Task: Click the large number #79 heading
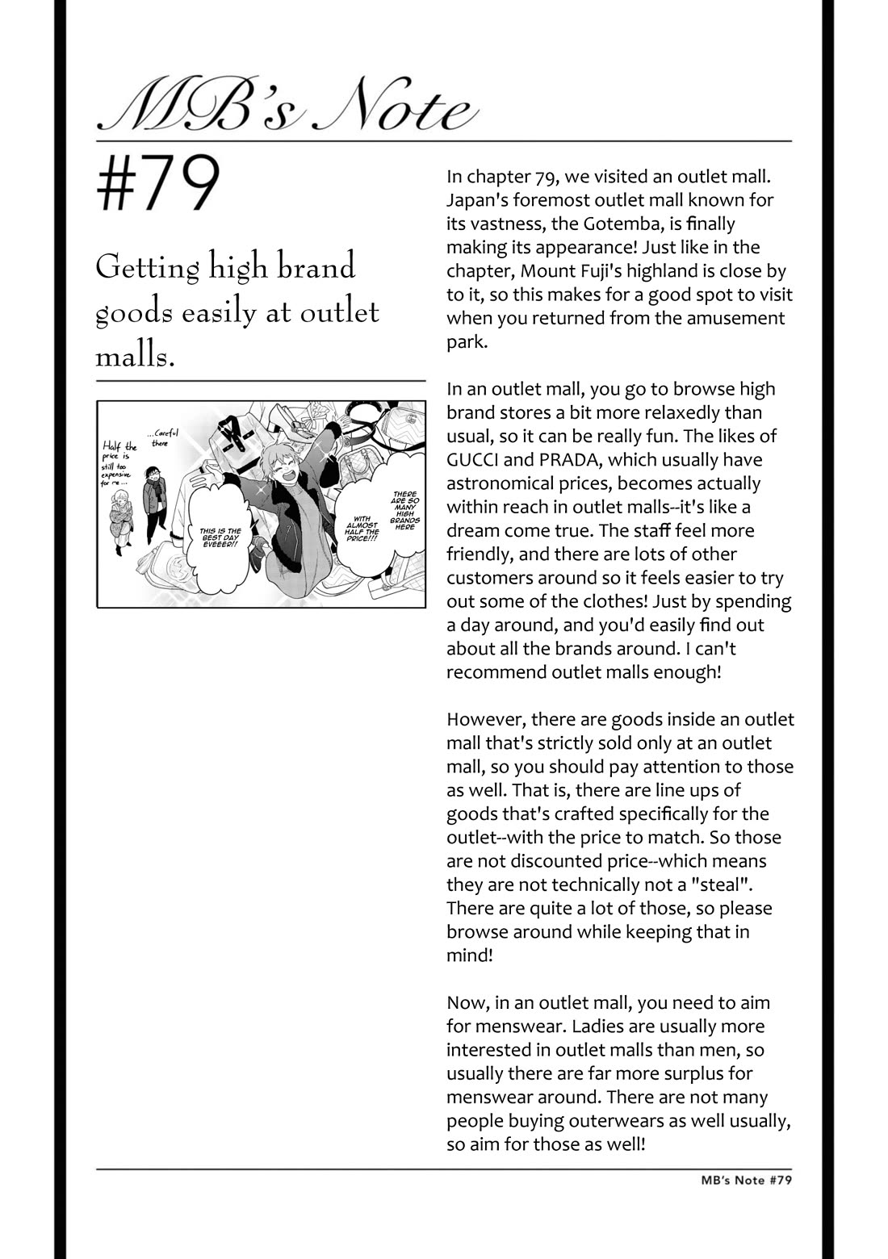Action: pos(158,185)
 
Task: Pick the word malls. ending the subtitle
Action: pos(135,356)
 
